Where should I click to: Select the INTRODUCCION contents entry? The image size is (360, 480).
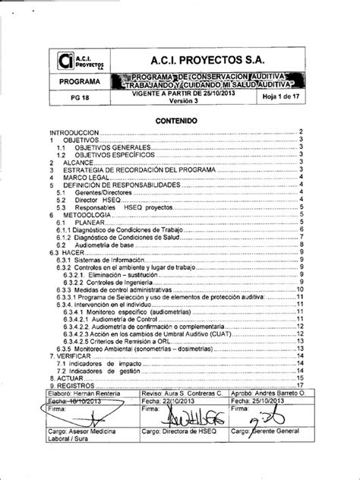click(x=74, y=132)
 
